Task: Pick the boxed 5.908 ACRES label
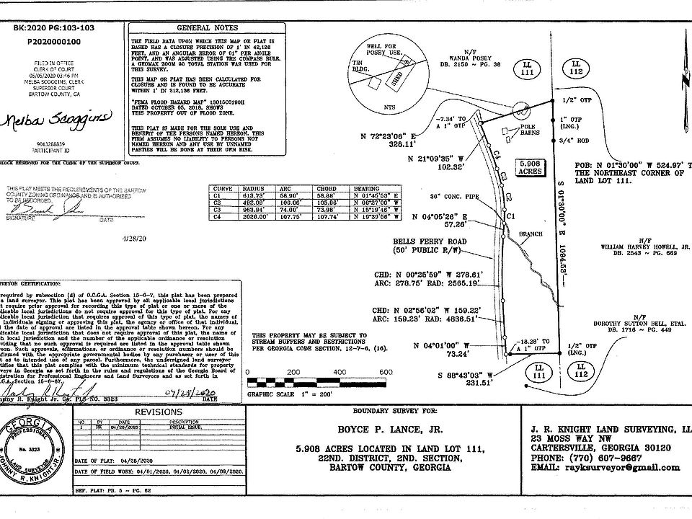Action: pos(533,167)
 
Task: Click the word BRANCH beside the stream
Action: pos(531,234)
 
